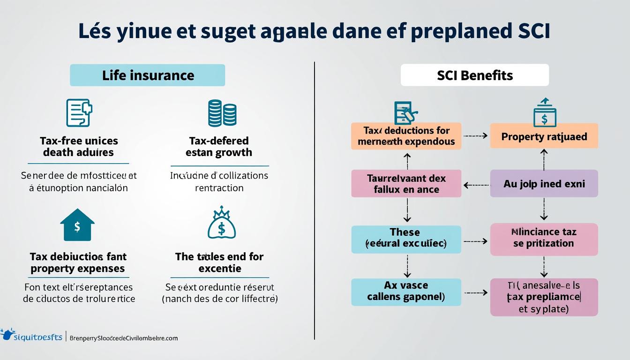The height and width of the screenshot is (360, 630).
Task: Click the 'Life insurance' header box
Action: (147, 75)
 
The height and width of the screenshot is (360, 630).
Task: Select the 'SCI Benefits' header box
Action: (474, 75)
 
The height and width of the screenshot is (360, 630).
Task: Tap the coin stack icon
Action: (222, 113)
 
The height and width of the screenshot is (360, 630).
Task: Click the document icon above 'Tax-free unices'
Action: (78, 113)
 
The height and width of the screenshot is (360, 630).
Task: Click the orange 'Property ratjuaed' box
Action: (544, 136)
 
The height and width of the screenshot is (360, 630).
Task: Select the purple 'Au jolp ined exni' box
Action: (544, 183)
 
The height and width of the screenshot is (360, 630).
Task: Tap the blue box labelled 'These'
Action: (406, 238)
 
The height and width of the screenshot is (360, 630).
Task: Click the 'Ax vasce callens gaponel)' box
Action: (406, 291)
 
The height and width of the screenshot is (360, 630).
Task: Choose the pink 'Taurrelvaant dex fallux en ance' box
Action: (406, 183)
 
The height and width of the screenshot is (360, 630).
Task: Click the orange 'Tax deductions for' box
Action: (406, 136)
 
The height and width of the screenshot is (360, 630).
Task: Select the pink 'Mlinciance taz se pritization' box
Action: (544, 238)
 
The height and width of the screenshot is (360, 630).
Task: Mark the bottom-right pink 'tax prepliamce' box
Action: (544, 296)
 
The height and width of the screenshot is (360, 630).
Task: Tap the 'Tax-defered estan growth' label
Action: (219, 147)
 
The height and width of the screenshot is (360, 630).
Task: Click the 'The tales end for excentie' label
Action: (219, 262)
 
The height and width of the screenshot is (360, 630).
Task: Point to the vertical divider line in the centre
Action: (314, 202)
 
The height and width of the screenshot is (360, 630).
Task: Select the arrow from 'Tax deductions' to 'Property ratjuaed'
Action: (475, 136)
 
